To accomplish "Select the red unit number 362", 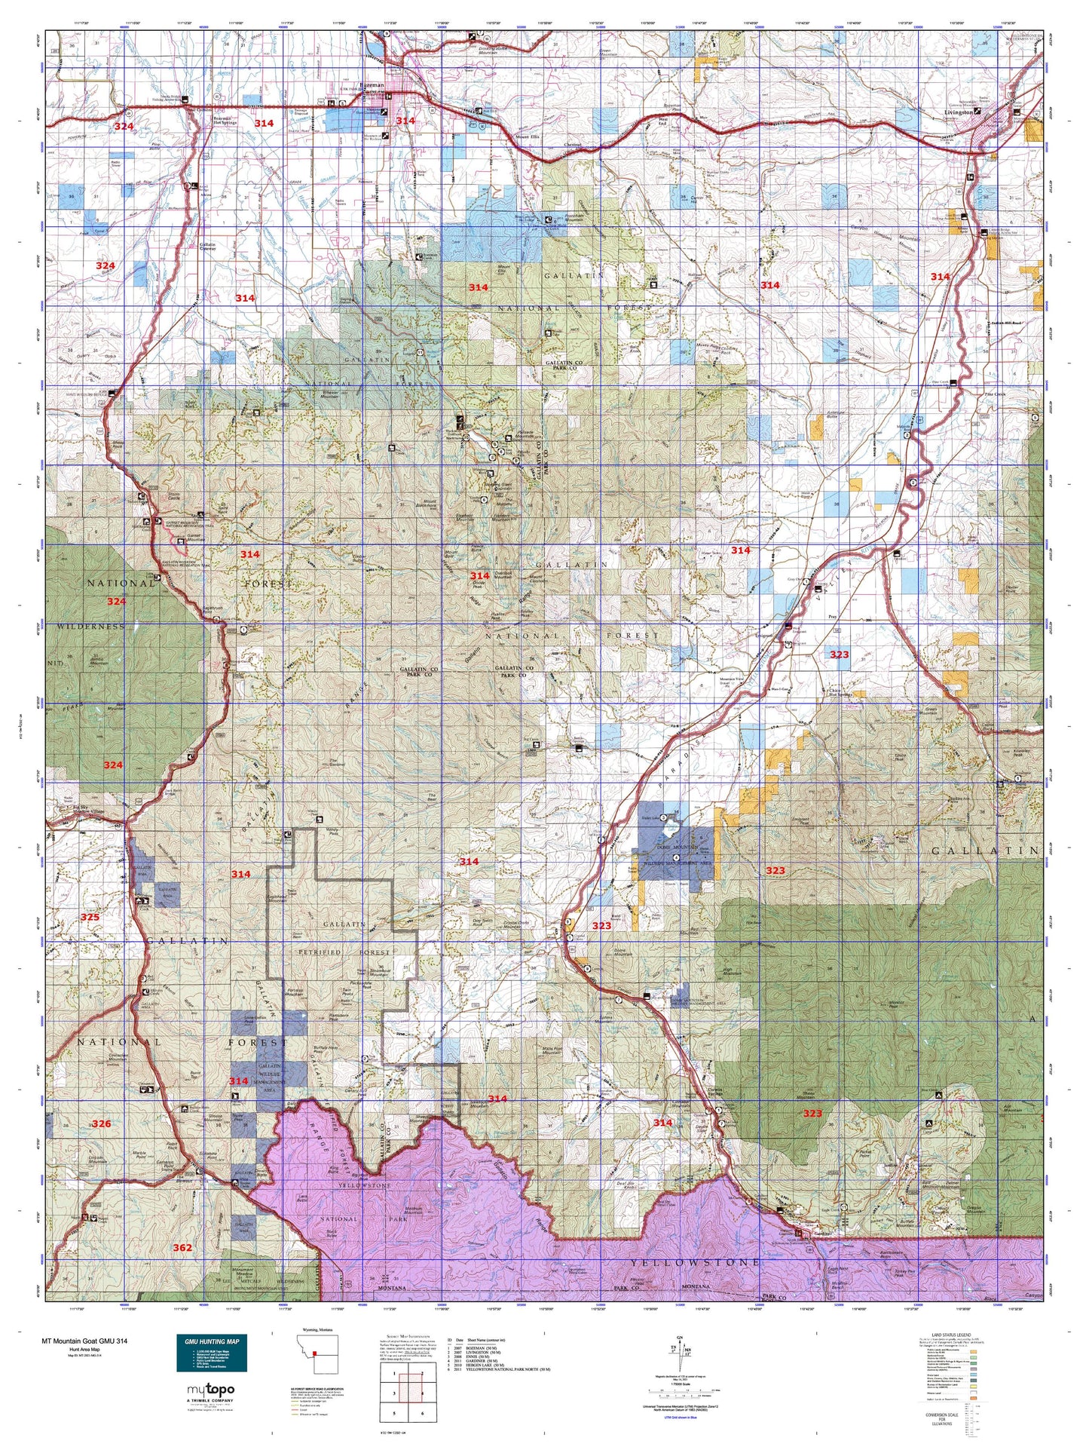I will click(182, 1247).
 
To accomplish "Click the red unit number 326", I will click(101, 1123).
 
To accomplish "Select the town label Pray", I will click(833, 617).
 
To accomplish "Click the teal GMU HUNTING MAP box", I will click(211, 1353).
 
